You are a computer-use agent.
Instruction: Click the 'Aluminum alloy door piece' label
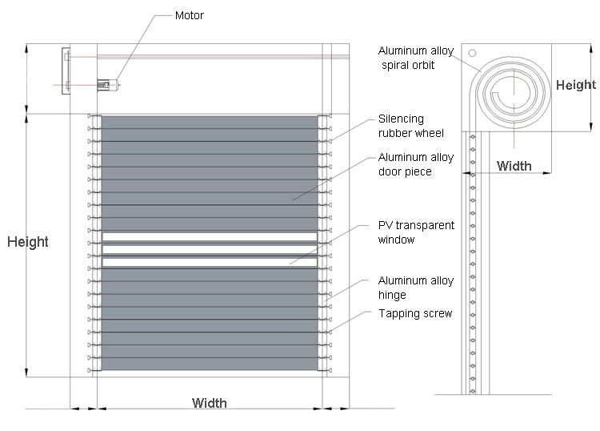tap(415, 165)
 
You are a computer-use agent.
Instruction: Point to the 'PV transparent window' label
tap(416, 232)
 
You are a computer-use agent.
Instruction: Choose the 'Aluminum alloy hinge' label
tap(415, 288)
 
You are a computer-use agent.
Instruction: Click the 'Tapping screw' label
tap(415, 313)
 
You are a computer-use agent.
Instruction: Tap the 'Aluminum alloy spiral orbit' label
tap(416, 58)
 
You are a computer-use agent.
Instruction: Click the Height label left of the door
tap(28, 242)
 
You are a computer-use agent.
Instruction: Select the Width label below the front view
tap(209, 403)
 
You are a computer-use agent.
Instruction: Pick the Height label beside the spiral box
tap(576, 85)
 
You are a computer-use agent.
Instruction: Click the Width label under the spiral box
tap(514, 166)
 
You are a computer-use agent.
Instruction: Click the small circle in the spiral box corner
tap(472, 54)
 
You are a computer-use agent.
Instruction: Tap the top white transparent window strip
tap(210, 237)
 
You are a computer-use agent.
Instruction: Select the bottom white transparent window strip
tap(210, 262)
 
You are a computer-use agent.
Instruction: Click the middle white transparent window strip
tap(210, 249)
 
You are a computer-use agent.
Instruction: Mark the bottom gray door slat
tap(210, 364)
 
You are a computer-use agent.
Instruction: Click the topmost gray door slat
tap(210, 123)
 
